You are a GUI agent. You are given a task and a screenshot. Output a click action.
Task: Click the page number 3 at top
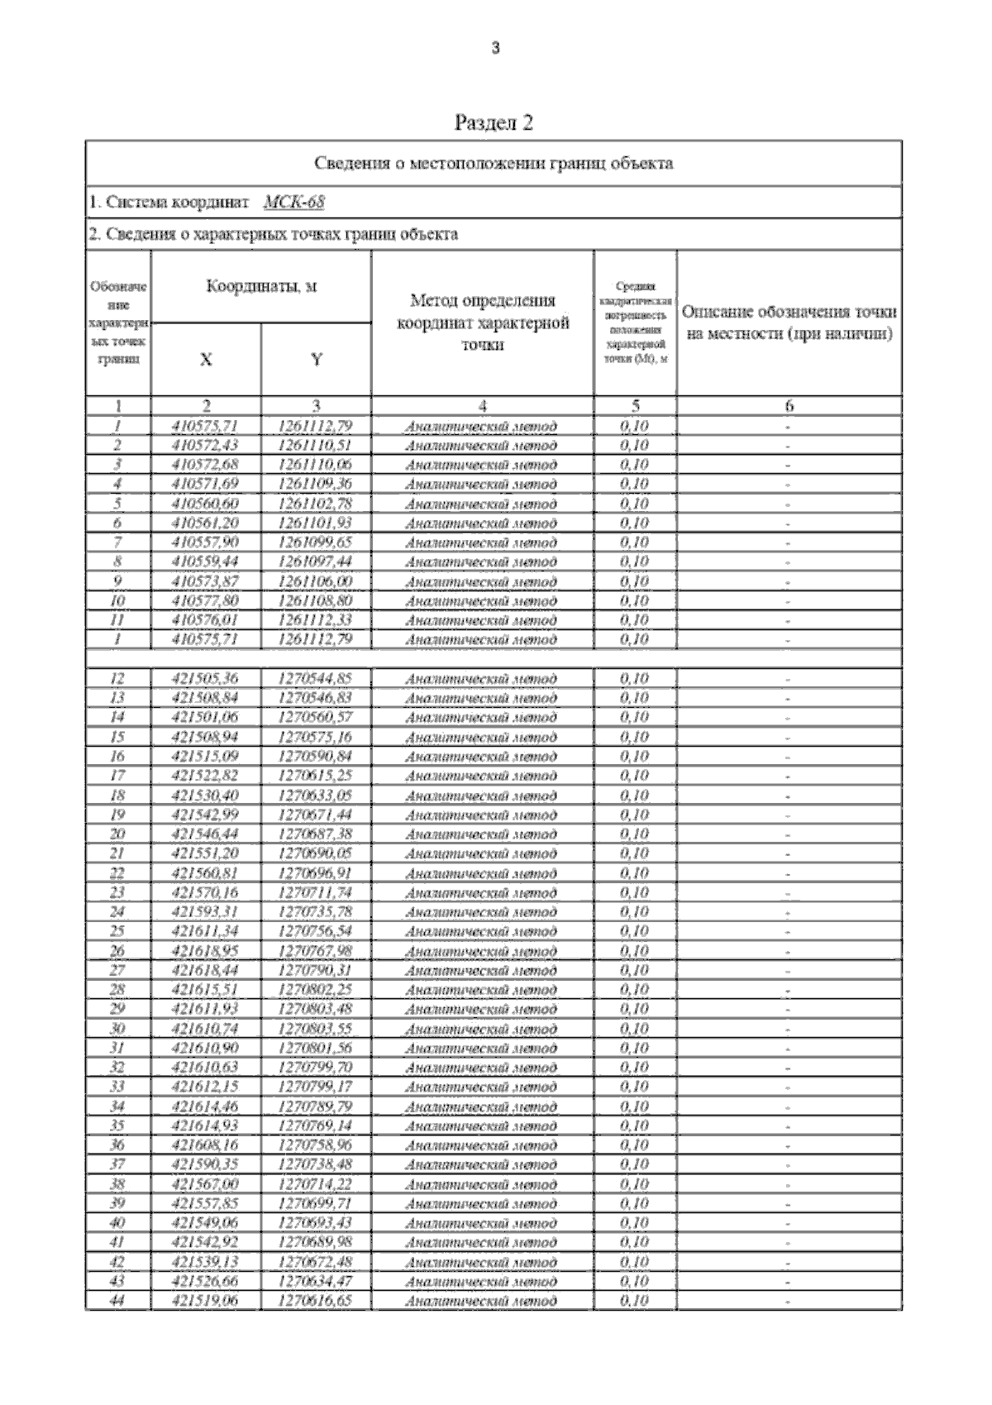tap(495, 49)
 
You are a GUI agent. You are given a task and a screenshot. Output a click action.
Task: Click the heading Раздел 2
tap(494, 123)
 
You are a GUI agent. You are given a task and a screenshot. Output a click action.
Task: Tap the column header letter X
tap(206, 360)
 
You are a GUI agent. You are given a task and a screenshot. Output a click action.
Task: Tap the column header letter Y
tap(316, 360)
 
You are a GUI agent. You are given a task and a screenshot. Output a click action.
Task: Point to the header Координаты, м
tap(261, 287)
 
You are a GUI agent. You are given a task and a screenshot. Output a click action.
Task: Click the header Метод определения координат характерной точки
tap(483, 323)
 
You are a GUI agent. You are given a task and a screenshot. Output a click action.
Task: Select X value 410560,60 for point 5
tap(206, 504)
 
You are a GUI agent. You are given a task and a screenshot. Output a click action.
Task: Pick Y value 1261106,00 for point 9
tap(316, 581)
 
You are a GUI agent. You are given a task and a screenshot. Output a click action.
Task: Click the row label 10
tap(118, 601)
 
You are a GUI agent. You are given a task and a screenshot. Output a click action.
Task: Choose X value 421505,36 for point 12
tap(206, 679)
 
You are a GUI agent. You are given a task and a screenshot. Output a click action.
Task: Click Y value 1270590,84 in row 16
tap(316, 757)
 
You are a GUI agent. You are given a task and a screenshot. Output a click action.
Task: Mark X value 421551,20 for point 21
tap(206, 853)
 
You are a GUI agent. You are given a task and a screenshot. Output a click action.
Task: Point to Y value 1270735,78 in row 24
tap(316, 912)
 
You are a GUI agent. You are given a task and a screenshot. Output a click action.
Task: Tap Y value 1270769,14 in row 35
tap(316, 1126)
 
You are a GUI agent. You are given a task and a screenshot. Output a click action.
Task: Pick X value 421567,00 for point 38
tap(206, 1184)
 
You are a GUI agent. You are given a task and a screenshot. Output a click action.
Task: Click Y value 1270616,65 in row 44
tap(316, 1301)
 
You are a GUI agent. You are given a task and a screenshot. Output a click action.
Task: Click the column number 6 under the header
tap(789, 406)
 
